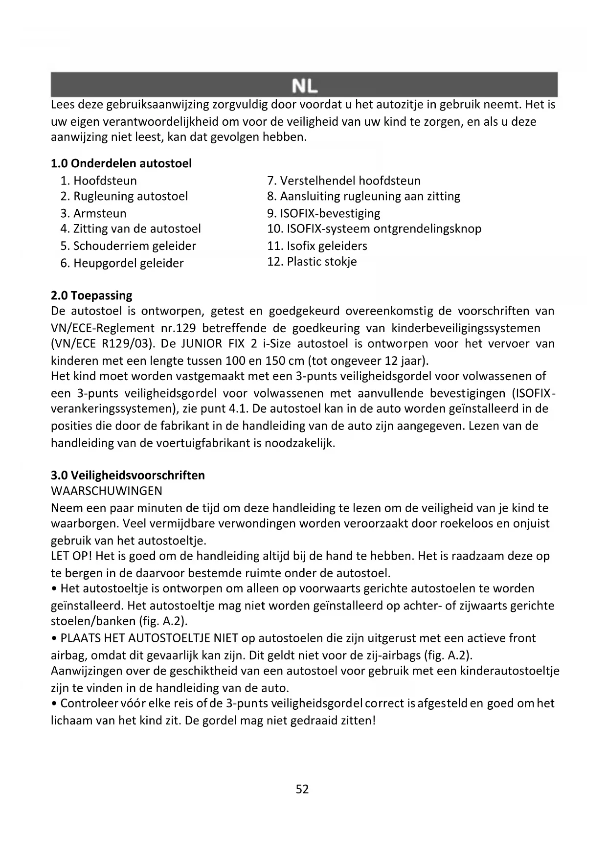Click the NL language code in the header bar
tap(304, 86)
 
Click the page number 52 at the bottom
tap(302, 789)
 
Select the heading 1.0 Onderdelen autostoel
tap(121, 163)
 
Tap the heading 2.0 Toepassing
tap(91, 295)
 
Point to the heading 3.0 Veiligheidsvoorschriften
tap(128, 475)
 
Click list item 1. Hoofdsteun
tap(99, 181)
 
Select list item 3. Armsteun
tap(93, 213)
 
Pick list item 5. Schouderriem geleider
tap(128, 246)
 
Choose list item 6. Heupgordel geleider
tap(122, 263)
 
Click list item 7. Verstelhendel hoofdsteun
tap(344, 181)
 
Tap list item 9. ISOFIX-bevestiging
tap(324, 213)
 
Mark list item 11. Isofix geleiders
tap(317, 246)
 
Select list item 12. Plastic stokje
tap(312, 262)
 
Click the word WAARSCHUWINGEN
tap(107, 491)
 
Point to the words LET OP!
tap(71, 556)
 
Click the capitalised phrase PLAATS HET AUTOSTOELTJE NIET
tap(149, 638)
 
